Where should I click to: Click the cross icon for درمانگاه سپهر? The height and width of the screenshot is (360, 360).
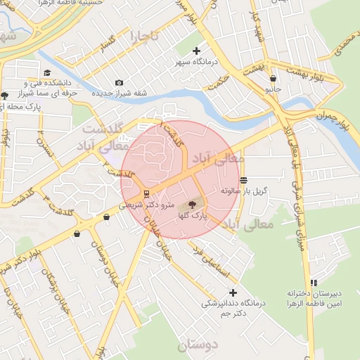[x=196, y=51]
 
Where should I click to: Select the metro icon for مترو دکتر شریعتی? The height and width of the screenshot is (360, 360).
[x=146, y=193]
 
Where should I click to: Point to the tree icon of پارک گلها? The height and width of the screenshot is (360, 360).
[x=190, y=205]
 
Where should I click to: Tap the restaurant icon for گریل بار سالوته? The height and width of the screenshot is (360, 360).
[x=243, y=180]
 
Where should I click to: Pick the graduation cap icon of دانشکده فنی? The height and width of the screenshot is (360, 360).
[x=47, y=72]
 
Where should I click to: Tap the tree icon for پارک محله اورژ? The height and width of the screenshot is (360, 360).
[x=5, y=96]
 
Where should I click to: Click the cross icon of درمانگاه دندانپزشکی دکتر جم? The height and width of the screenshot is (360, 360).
[x=233, y=292]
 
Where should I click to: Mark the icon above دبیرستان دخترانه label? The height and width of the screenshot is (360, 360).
[x=314, y=282]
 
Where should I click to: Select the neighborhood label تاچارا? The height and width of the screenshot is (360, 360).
[x=143, y=35]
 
